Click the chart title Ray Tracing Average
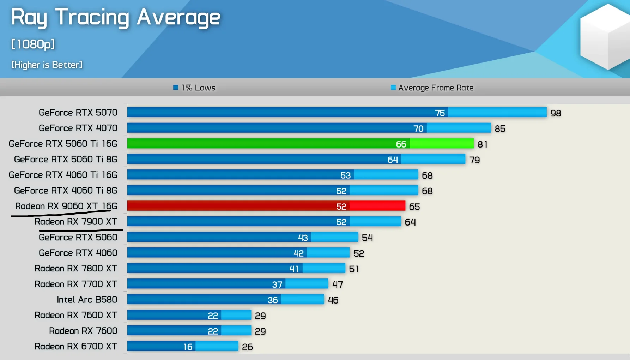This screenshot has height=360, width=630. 116,17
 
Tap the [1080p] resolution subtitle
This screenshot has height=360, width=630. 33,44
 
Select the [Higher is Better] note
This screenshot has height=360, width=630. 47,65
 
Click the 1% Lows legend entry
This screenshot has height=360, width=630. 194,88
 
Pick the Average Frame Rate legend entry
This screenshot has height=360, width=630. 432,88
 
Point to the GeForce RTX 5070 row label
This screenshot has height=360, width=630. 78,113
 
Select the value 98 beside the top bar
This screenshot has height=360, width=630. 556,113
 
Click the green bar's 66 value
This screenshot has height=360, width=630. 401,144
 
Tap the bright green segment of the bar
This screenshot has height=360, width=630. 441,144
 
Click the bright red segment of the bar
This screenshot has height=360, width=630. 377,206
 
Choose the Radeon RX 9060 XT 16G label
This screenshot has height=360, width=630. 66,206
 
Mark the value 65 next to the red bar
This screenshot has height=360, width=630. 414,206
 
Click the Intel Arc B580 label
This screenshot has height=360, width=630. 87,300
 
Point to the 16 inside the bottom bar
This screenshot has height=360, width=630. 188,347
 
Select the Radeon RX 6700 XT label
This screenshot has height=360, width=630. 76,346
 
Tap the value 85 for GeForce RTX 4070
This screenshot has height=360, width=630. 500,128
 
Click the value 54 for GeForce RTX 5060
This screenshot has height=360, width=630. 367,238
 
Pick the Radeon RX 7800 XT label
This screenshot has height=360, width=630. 76,269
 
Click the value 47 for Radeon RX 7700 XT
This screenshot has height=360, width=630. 338,284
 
